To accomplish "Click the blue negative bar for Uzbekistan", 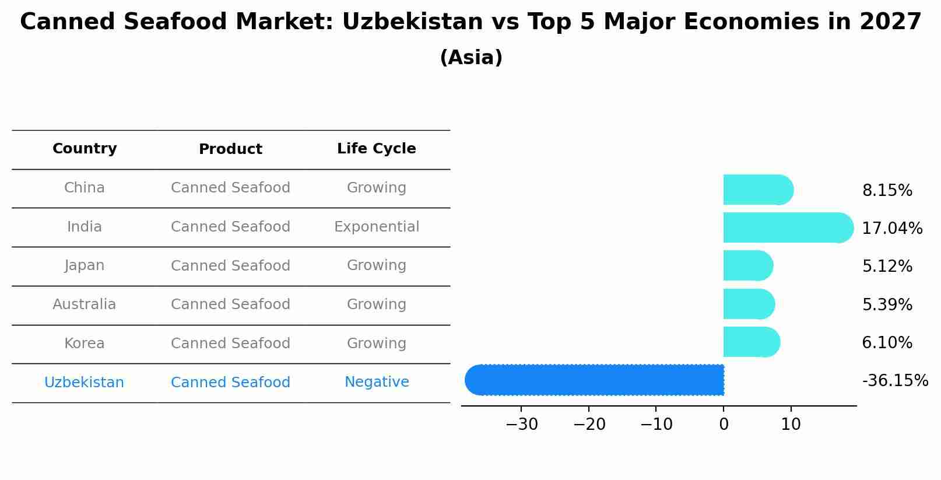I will pyautogui.click(x=595, y=380).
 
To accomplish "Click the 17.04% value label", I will pyautogui.click(x=891, y=228).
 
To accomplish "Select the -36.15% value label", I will pyautogui.click(x=894, y=381).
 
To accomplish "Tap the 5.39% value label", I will pyautogui.click(x=887, y=304).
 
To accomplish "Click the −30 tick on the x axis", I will pyautogui.click(x=521, y=425).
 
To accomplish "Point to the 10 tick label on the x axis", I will pyautogui.click(x=791, y=425).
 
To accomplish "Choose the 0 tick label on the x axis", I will pyautogui.click(x=724, y=425).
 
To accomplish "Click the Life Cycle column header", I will pyautogui.click(x=376, y=149).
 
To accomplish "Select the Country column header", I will pyautogui.click(x=85, y=149).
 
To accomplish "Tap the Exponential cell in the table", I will pyautogui.click(x=376, y=227).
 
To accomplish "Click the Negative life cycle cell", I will pyautogui.click(x=376, y=382).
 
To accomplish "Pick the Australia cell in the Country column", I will pyautogui.click(x=85, y=304).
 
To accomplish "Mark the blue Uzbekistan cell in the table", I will pyautogui.click(x=85, y=383).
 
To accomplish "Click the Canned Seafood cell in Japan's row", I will pyautogui.click(x=230, y=266).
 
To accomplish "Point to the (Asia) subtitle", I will pyautogui.click(x=470, y=58).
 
